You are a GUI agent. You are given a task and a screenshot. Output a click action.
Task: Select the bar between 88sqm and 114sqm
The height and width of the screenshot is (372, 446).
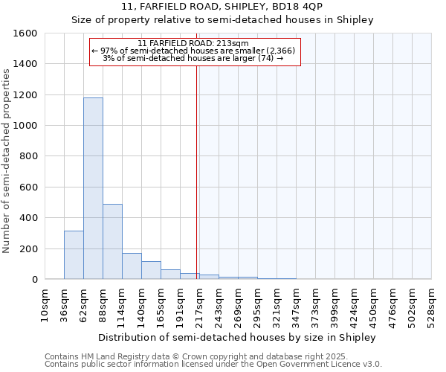pyautogui.click(x=112, y=241)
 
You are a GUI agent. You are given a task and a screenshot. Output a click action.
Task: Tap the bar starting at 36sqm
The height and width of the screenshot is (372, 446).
pyautogui.click(x=74, y=254)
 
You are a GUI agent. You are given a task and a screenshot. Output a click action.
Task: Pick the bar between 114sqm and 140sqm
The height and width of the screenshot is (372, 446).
pyautogui.click(x=132, y=266)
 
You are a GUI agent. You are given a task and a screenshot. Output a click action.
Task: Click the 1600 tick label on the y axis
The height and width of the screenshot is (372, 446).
pyautogui.click(x=25, y=33)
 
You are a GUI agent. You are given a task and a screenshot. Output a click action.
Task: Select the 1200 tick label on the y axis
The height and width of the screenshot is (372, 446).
pyautogui.click(x=25, y=95)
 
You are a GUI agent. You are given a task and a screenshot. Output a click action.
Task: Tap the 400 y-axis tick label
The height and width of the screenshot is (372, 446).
pyautogui.click(x=28, y=218)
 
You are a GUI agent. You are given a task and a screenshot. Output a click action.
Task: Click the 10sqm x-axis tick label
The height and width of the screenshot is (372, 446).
pyautogui.click(x=45, y=305)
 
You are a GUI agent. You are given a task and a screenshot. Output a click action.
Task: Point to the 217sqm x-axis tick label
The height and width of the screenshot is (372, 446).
pyautogui.click(x=200, y=305)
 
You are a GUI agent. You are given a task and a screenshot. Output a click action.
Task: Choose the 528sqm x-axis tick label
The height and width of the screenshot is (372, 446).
pyautogui.click(x=432, y=305)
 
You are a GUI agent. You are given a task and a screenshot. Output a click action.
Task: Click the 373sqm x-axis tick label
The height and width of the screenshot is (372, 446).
pyautogui.click(x=316, y=305)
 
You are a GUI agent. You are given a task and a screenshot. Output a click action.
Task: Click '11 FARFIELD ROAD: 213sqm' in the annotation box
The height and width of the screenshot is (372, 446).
pyautogui.click(x=194, y=43)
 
